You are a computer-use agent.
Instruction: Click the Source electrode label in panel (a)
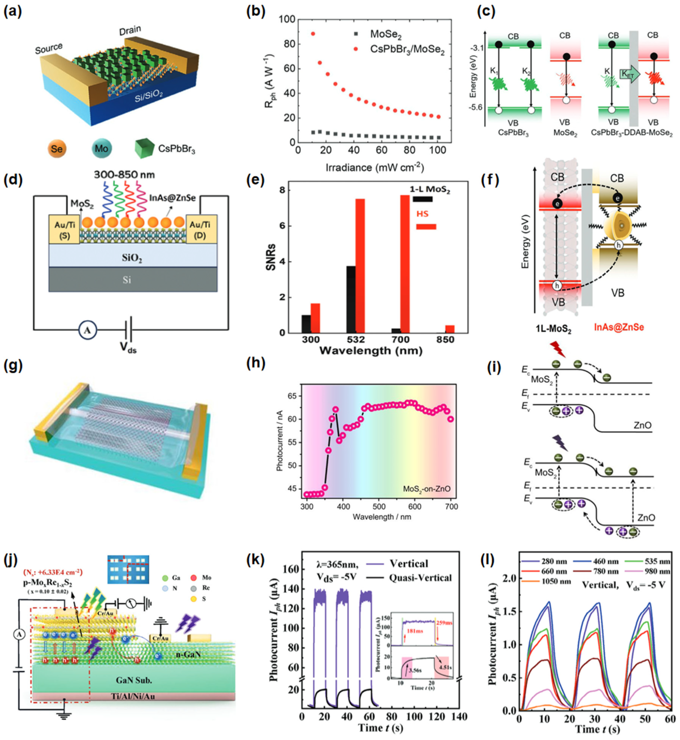coord(49,48)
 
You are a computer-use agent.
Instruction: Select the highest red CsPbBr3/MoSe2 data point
coord(313,34)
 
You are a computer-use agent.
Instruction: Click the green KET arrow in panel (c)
coord(630,74)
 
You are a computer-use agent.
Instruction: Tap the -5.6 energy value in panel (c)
coord(477,108)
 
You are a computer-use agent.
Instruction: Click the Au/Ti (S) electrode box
coord(64,229)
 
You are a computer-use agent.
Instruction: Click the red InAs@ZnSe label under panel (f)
coord(619,327)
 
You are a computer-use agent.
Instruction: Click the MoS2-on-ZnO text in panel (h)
coord(426,489)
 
